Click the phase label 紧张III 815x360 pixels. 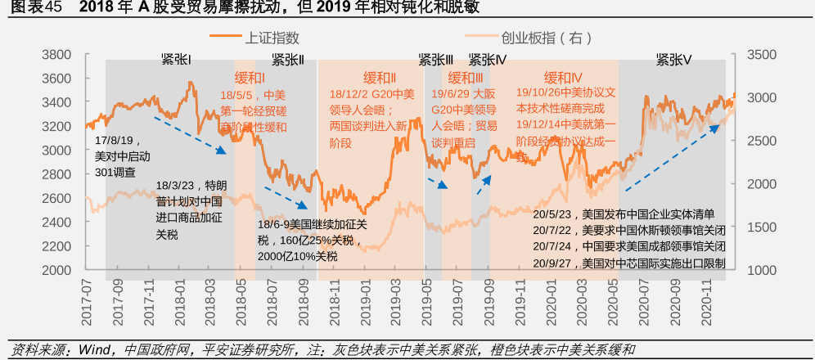[435, 60]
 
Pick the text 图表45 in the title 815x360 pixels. [31, 8]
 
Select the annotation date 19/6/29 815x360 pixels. [451, 94]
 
